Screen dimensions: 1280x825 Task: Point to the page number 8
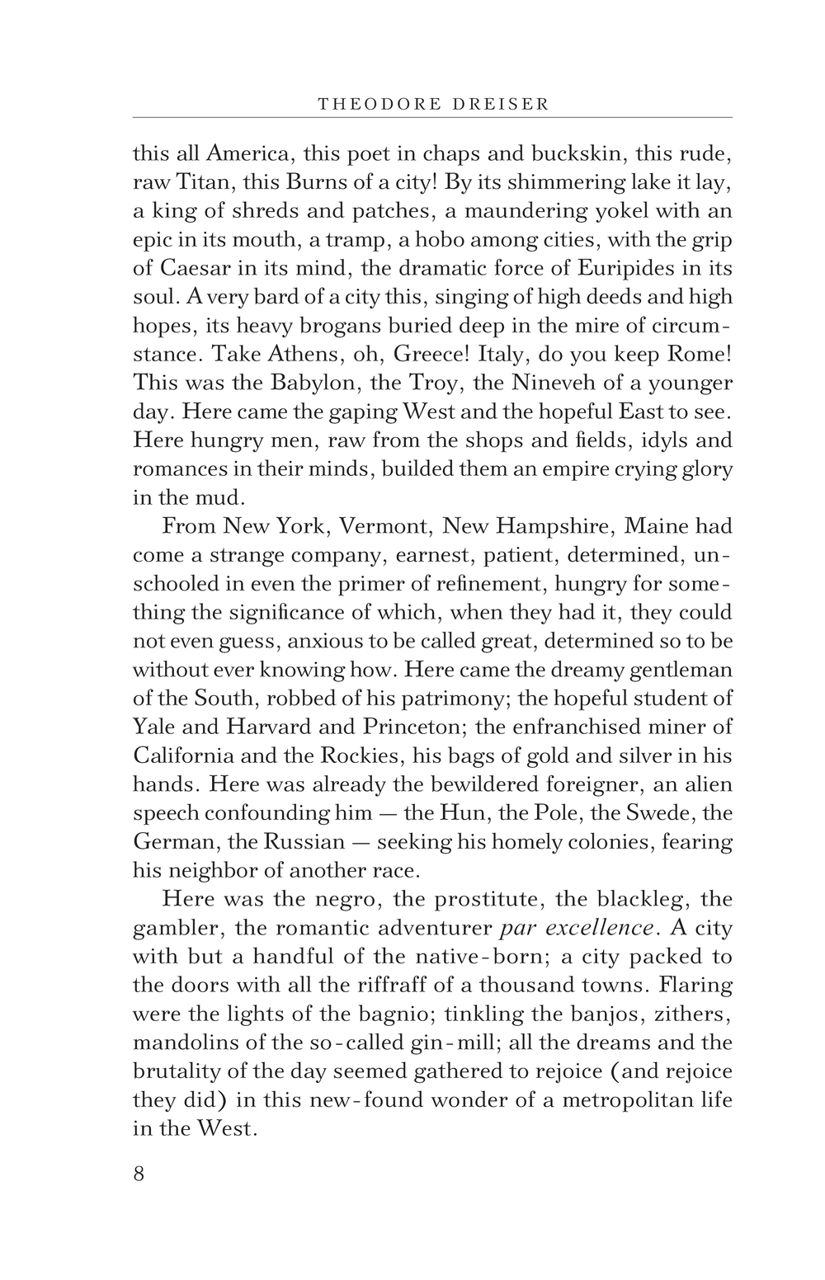coord(139,1173)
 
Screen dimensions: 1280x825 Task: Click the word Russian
coord(303,841)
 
